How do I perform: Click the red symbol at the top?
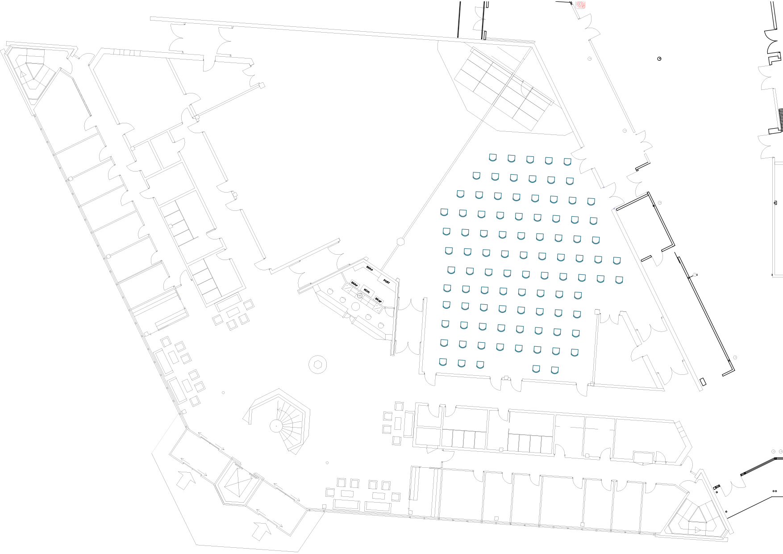(580, 5)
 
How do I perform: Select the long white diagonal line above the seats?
(510, 78)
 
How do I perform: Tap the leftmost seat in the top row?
(493, 157)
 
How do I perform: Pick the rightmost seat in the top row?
(567, 161)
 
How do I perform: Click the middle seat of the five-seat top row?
(530, 159)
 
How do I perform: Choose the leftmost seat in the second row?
(476, 176)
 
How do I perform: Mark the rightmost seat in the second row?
(570, 181)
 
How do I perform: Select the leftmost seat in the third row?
(460, 194)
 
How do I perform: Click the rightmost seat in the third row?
(591, 201)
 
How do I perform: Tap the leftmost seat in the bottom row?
(443, 362)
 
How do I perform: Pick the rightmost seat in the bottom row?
(554, 370)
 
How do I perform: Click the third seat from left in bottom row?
(480, 365)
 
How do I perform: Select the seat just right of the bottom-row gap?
(536, 369)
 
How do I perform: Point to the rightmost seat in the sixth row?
(616, 260)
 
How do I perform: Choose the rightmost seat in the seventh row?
(619, 280)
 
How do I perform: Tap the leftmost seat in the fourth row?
(444, 212)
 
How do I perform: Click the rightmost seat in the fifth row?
(596, 240)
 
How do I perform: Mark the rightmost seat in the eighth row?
(578, 295)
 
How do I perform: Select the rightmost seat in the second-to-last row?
(575, 353)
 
